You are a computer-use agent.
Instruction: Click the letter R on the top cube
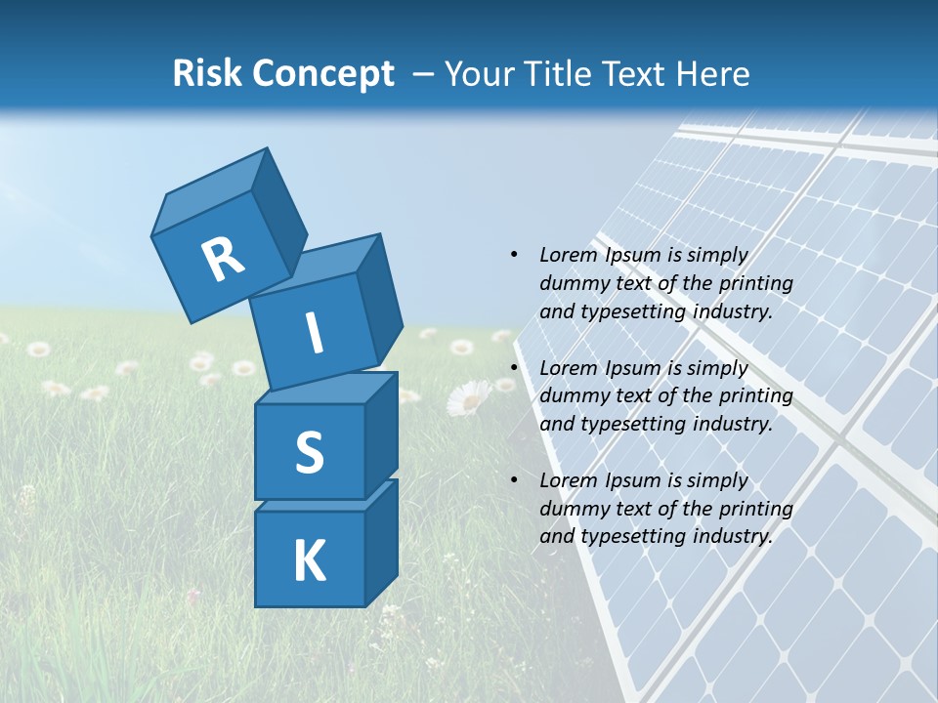(224, 259)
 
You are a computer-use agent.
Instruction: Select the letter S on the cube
(309, 452)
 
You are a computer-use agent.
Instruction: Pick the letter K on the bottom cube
(309, 561)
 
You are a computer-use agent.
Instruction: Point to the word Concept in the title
(323, 73)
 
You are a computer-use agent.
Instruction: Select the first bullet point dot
(514, 255)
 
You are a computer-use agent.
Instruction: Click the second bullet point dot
(514, 368)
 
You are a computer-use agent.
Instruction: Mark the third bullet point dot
(514, 480)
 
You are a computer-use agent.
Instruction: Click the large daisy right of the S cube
(469, 397)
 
